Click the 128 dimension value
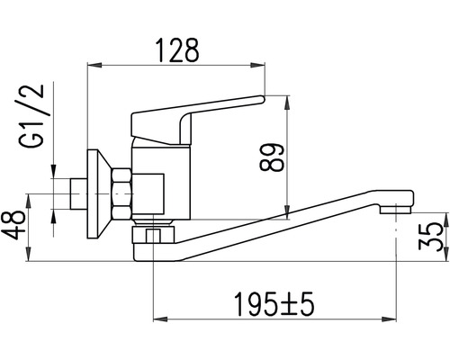(x=177, y=50)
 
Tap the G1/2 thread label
(x=31, y=116)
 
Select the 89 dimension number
(x=272, y=157)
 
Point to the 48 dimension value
(x=13, y=225)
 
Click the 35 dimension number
(x=431, y=237)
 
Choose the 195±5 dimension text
(x=274, y=304)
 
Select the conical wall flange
(x=99, y=194)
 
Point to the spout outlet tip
(x=395, y=209)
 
